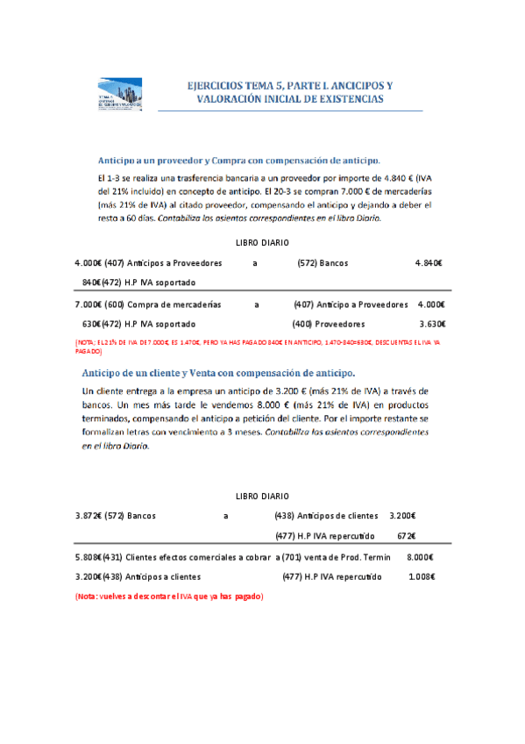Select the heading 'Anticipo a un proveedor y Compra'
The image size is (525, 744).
(238, 161)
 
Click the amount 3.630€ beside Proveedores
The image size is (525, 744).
(432, 324)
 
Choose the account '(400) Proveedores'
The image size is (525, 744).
(324, 324)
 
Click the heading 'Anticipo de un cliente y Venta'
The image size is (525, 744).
(218, 373)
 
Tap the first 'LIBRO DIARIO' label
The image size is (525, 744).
(263, 242)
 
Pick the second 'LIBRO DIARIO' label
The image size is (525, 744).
(263, 496)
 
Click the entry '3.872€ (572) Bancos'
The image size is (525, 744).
(116, 516)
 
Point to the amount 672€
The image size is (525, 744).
(406, 536)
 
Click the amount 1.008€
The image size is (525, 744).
(422, 577)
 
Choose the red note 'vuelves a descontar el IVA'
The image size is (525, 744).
(169, 597)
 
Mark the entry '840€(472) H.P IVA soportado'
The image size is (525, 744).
(138, 283)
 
